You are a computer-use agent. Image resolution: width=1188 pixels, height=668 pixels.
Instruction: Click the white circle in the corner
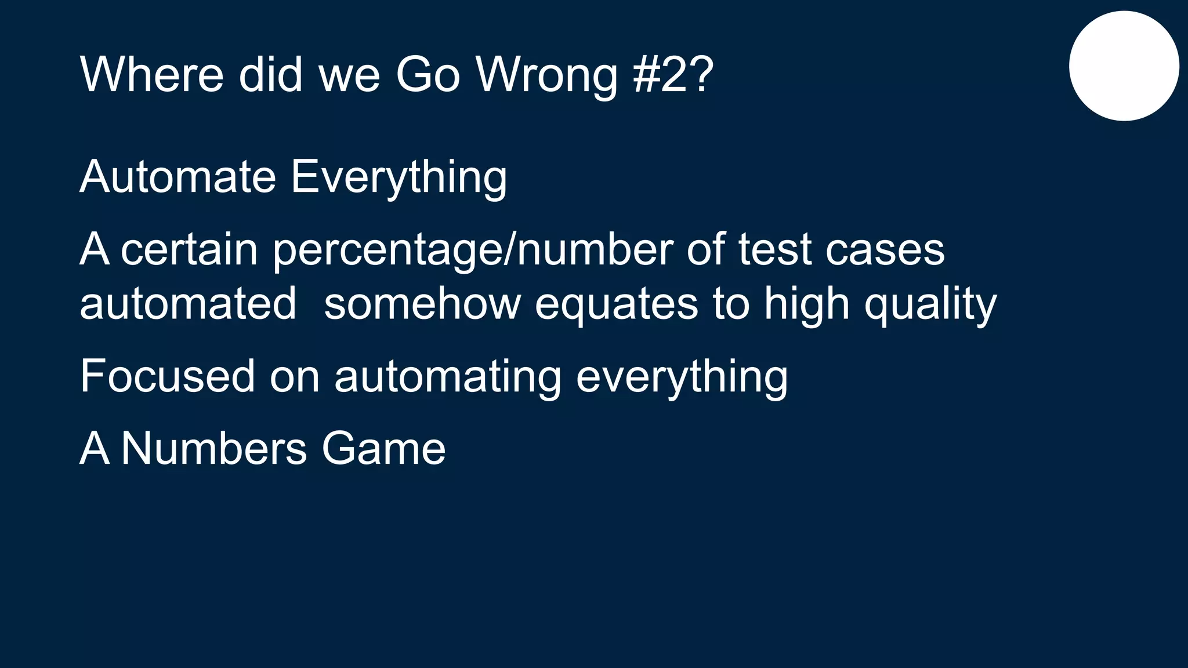coord(1124,66)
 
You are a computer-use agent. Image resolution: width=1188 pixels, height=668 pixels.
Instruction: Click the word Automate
coord(178,176)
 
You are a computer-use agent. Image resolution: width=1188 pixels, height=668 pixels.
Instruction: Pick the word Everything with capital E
coord(399,177)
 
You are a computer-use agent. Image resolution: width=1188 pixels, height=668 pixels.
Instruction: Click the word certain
coord(189,249)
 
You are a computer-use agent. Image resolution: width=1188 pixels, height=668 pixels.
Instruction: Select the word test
coord(774,249)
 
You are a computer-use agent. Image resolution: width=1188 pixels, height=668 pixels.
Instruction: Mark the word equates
coord(616,304)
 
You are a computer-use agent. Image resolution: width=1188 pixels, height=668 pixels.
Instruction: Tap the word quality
coord(930,304)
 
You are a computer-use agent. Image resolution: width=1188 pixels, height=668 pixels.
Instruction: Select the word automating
coord(448,377)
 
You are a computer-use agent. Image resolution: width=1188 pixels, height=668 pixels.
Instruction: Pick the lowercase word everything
coord(682,377)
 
